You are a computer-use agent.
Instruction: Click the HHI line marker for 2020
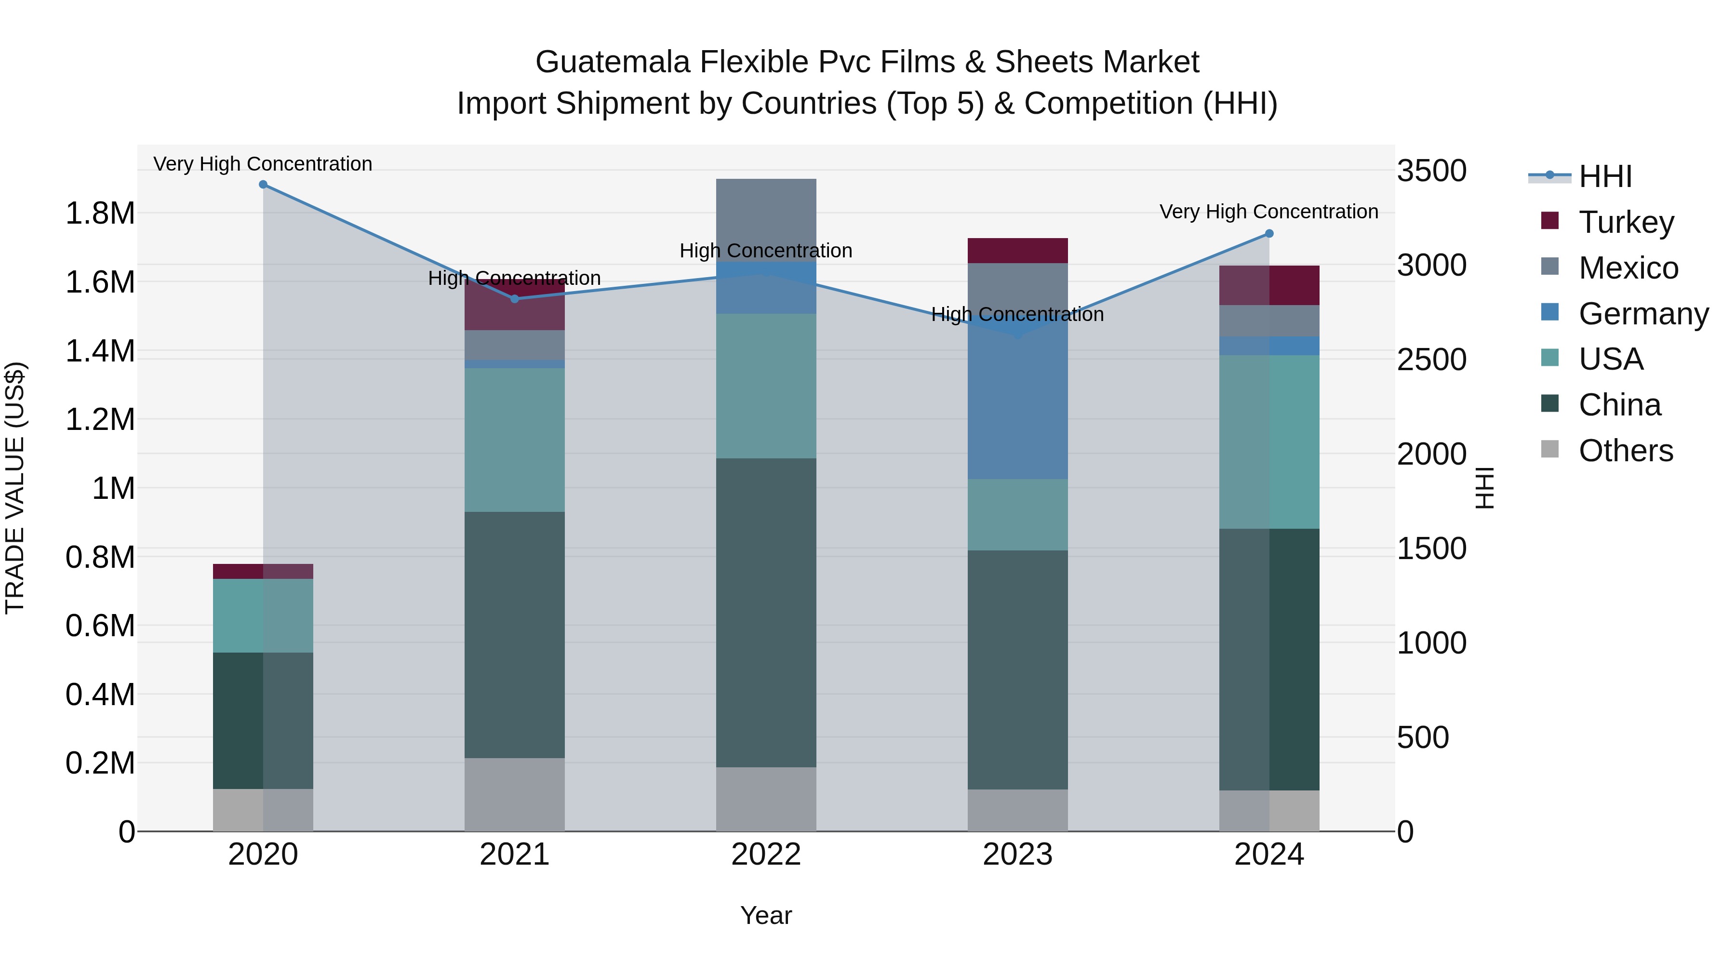click(263, 185)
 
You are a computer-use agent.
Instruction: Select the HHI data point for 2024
click(1269, 234)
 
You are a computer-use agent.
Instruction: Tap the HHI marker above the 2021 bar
click(515, 299)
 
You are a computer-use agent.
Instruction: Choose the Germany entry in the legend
click(1643, 314)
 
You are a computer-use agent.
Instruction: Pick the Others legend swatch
click(1550, 449)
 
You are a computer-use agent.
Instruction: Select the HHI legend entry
click(1605, 176)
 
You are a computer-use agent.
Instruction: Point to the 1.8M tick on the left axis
click(100, 214)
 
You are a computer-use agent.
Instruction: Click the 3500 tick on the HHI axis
click(1431, 171)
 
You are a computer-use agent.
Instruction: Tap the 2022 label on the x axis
click(766, 855)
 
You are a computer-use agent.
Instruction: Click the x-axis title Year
click(766, 915)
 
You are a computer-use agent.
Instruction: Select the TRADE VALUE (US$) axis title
click(15, 488)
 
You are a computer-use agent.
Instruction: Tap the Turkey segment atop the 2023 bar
click(1018, 251)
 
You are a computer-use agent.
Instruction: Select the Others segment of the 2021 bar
click(515, 795)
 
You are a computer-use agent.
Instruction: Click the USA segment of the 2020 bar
click(263, 615)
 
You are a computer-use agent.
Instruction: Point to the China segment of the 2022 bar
click(766, 613)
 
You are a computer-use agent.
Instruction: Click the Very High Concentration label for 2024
click(1269, 212)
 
